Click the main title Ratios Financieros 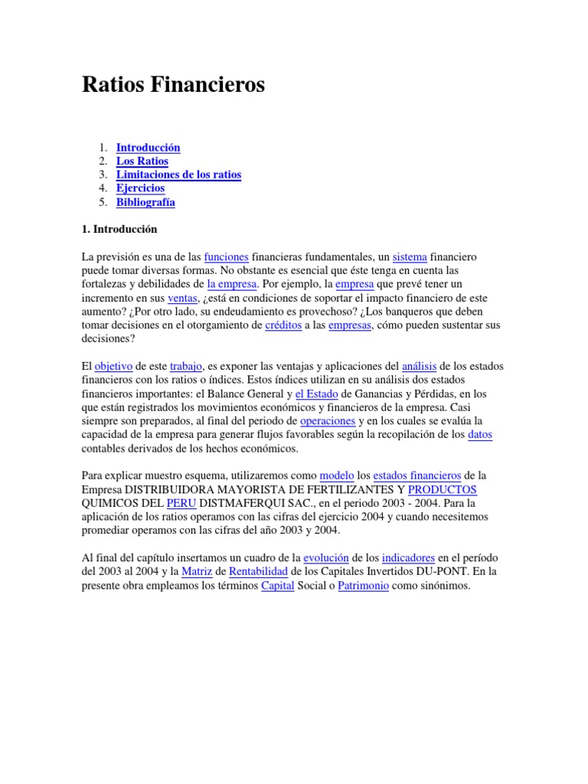tap(173, 86)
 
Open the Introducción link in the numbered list tap(148, 148)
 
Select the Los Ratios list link tap(142, 162)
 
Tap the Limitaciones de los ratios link tap(178, 175)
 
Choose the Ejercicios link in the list tap(140, 189)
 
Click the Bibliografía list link tap(145, 203)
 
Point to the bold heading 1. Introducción tap(119, 229)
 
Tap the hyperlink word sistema tap(409, 256)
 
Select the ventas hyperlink tap(182, 298)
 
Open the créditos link tap(283, 325)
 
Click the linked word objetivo tap(113, 367)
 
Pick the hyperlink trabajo tap(185, 367)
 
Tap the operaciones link tap(328, 422)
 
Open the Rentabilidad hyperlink tap(259, 572)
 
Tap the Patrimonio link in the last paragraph tap(363, 586)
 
